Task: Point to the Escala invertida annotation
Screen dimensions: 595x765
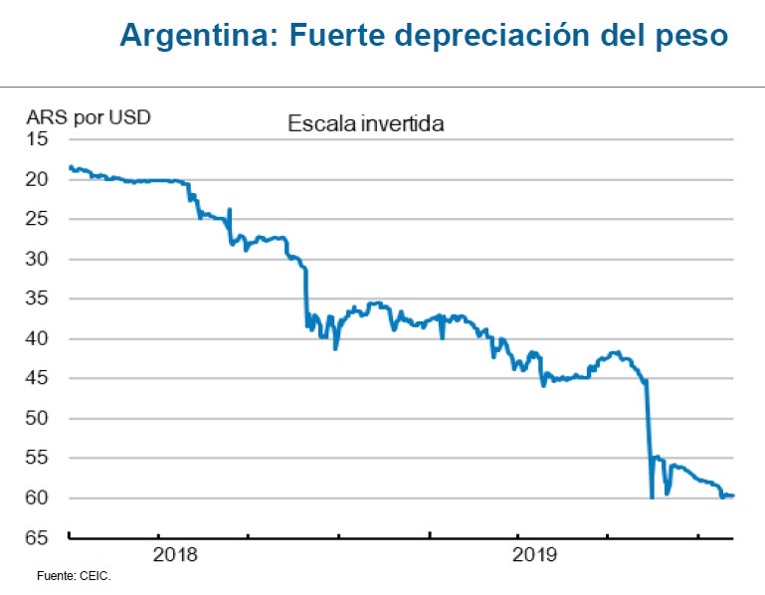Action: point(365,125)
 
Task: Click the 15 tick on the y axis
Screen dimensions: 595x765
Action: point(38,139)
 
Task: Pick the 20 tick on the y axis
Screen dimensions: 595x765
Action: point(38,179)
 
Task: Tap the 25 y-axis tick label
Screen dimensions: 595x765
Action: point(38,219)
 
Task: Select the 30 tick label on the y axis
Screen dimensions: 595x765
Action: point(38,259)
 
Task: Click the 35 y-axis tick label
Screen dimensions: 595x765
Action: point(38,298)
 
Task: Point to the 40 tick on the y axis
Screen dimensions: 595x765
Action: point(38,338)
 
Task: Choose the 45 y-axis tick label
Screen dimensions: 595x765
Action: point(38,378)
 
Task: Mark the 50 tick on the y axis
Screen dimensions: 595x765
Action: point(38,418)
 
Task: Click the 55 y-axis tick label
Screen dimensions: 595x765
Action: point(38,458)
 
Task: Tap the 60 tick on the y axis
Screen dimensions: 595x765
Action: point(38,497)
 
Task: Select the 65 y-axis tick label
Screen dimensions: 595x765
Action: point(38,537)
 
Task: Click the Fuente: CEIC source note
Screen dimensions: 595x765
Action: point(74,576)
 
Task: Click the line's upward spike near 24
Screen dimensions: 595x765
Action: point(230,210)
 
